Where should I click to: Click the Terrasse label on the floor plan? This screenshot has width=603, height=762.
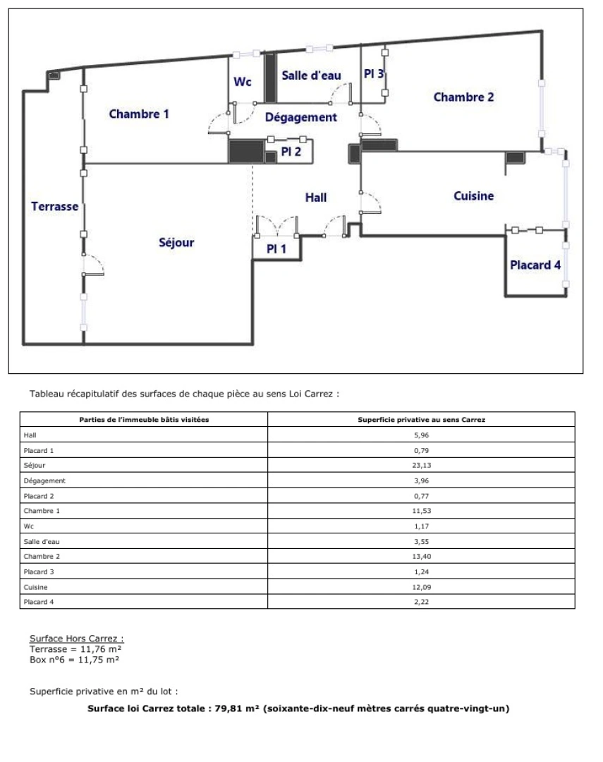point(54,207)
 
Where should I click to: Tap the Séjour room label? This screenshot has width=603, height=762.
point(176,243)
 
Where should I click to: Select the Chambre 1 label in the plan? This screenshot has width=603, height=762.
point(139,114)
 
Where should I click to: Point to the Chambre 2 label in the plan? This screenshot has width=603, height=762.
point(463,97)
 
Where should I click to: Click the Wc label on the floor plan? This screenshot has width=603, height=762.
point(243,82)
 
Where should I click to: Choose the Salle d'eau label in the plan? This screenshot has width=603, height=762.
point(312,75)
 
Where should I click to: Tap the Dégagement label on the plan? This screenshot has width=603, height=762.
point(300,118)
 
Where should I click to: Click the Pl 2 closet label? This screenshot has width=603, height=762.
point(291,152)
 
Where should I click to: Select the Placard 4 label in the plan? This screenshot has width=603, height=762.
point(535,265)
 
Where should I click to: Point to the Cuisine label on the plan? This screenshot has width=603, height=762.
point(474,196)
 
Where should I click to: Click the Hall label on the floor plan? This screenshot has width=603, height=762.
point(316,198)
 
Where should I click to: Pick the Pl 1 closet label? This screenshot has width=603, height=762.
point(276,249)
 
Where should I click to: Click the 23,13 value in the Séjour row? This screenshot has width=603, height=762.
point(421,465)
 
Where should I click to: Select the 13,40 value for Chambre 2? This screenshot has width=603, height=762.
point(421,557)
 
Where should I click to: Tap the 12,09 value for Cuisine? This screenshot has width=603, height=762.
point(421,587)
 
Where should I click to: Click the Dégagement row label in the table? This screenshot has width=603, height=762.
point(44,480)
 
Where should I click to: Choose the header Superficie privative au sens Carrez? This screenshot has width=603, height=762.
point(421,419)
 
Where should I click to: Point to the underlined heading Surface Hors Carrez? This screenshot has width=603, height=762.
point(77,639)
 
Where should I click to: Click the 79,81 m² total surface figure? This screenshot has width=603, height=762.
point(237,708)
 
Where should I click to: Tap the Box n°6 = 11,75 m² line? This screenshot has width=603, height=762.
point(74,660)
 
